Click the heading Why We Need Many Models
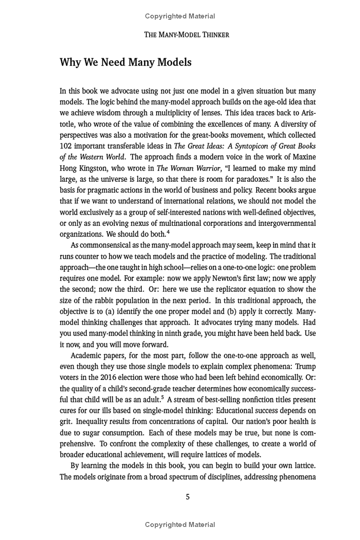(126, 63)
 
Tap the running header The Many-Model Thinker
(186, 35)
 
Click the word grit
(66, 422)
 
